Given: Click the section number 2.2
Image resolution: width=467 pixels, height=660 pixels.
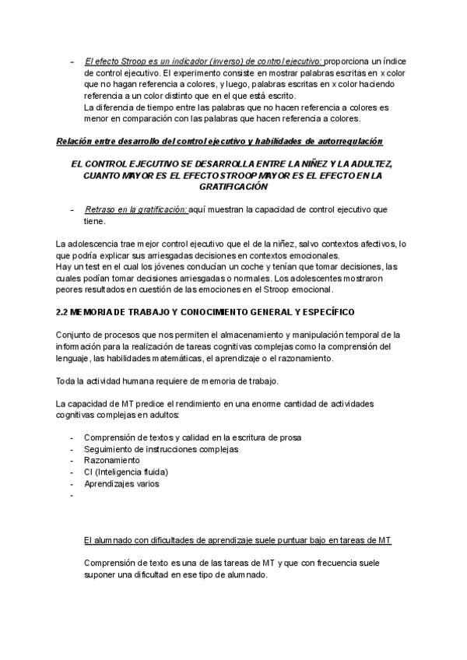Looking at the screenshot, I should click(62, 312).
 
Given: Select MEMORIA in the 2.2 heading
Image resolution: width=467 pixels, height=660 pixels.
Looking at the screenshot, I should click(94, 312).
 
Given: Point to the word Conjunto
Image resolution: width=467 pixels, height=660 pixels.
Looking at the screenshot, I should click(74, 335).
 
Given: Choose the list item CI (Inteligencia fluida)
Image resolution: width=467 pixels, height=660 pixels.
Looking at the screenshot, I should click(125, 472).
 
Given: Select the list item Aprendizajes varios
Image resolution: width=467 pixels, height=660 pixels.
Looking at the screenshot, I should click(121, 483).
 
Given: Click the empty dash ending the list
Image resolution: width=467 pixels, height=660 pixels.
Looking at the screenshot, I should click(72, 495).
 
